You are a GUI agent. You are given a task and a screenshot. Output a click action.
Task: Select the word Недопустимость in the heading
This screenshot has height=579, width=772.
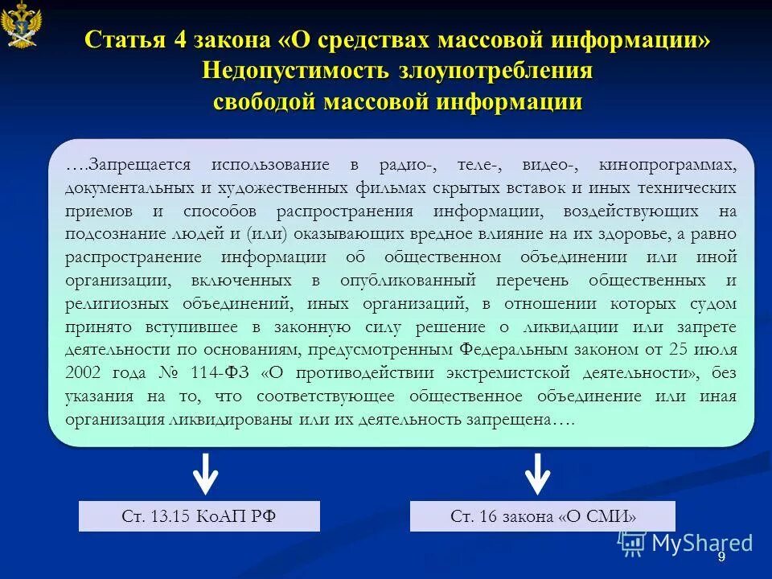294,72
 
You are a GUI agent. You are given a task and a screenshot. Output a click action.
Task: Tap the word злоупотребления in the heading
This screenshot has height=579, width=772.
495,72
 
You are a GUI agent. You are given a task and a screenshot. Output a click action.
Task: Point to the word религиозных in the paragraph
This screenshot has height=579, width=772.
117,304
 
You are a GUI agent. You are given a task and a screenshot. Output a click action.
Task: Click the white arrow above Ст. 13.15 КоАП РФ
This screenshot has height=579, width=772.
205,474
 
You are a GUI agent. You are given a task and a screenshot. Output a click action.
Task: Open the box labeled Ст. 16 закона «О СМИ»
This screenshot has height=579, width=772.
543,516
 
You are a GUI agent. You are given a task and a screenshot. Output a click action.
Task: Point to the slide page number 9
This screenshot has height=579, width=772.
721,557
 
